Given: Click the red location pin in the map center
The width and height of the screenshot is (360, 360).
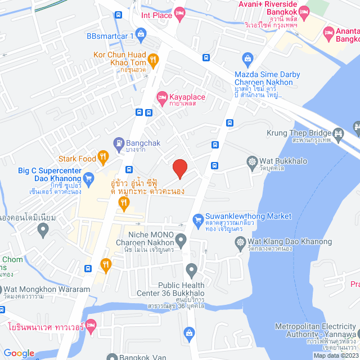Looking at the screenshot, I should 179,168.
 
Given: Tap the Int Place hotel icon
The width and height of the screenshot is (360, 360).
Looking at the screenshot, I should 180,15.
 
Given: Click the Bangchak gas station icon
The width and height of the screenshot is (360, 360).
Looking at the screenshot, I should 119,143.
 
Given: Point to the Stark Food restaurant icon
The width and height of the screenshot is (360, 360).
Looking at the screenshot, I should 102,157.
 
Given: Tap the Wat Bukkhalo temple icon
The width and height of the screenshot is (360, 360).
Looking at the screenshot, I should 253,161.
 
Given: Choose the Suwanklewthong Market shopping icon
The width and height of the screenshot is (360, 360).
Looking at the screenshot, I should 197,219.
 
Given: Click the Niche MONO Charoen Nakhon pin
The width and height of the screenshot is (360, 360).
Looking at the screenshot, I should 181,241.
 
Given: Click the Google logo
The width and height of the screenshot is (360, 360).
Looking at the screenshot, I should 19,353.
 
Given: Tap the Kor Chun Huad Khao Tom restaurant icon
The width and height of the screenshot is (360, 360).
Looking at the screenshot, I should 152,58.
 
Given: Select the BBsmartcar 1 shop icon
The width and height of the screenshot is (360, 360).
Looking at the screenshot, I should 140,34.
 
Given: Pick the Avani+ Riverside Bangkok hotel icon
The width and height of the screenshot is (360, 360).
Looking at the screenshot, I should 304,11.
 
